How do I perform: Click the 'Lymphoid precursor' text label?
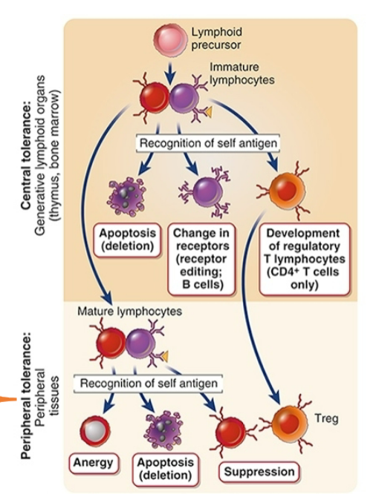pos(216,38)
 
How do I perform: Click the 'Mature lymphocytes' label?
pos(129,312)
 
